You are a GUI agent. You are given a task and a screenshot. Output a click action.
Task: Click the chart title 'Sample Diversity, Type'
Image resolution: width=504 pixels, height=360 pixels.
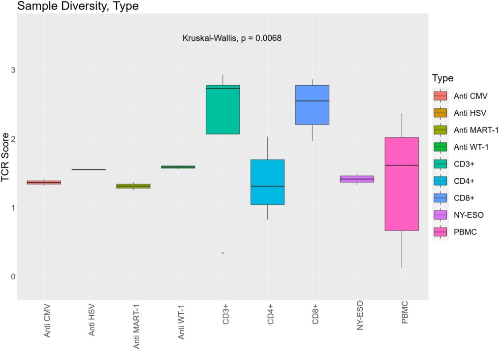(x=78, y=6)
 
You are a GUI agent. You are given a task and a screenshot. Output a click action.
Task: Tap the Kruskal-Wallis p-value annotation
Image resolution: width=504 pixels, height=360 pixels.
(x=232, y=38)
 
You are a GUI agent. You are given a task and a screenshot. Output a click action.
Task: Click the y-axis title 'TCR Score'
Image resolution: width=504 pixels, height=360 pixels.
(x=6, y=158)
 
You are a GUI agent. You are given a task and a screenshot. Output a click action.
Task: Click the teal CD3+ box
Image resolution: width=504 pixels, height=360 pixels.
(x=222, y=109)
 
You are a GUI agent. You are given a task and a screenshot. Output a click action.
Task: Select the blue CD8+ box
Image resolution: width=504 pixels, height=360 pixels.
(x=312, y=105)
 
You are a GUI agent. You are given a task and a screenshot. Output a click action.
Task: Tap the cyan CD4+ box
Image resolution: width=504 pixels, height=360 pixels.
(x=267, y=182)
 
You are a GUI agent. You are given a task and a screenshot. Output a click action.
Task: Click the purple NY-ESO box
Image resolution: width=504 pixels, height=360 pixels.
(x=357, y=179)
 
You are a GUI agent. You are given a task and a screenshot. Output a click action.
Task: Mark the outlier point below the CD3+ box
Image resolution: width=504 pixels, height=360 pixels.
(x=223, y=253)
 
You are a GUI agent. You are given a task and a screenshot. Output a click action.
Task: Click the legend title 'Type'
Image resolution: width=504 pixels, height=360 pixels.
(x=442, y=78)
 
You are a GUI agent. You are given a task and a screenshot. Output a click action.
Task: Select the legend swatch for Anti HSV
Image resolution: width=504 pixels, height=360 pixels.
(x=440, y=113)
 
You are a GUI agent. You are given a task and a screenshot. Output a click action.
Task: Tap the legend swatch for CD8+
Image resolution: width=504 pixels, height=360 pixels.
(x=440, y=197)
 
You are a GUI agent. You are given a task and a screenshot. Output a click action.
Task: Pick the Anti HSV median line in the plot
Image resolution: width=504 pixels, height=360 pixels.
(x=89, y=169)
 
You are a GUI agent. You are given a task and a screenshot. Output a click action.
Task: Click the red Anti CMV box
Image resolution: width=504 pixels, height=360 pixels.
(x=44, y=182)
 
